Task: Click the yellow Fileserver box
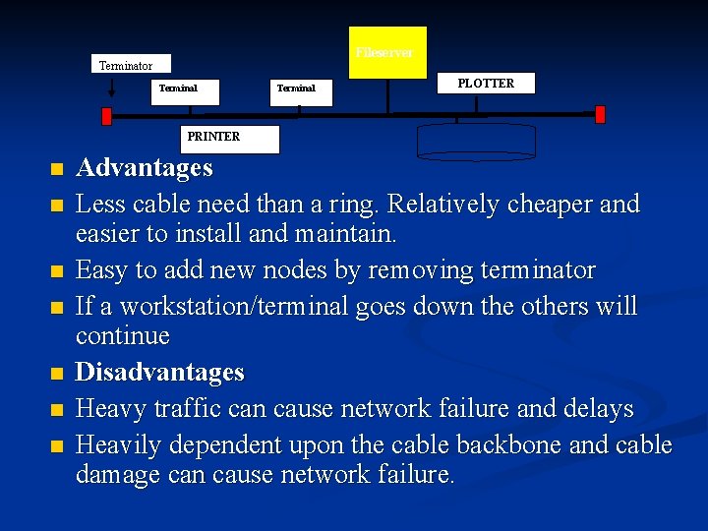pyautogui.click(x=389, y=52)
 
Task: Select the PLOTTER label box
pyautogui.click(x=486, y=84)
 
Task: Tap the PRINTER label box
pyautogui.click(x=232, y=139)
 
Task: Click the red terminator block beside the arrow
pyautogui.click(x=108, y=115)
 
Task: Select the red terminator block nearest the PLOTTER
pyautogui.click(x=600, y=114)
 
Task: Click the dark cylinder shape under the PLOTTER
pyautogui.click(x=477, y=141)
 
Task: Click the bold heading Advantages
pyautogui.click(x=145, y=168)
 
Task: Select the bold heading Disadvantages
pyautogui.click(x=160, y=373)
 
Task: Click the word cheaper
pyautogui.click(x=544, y=205)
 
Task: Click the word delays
pyautogui.click(x=597, y=409)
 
